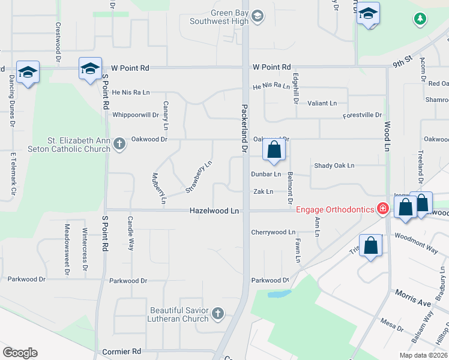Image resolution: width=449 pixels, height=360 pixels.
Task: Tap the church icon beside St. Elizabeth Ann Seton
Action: pyautogui.click(x=119, y=143)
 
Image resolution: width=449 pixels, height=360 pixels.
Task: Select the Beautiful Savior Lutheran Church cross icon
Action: pyautogui.click(x=218, y=313)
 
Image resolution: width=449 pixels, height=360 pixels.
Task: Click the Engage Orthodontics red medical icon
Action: pyautogui.click(x=382, y=209)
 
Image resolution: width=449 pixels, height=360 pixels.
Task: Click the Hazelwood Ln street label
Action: pyautogui.click(x=214, y=211)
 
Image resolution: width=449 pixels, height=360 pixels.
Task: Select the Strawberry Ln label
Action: pyautogui.click(x=199, y=176)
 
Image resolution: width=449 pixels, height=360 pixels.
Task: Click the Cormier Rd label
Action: pyautogui.click(x=121, y=351)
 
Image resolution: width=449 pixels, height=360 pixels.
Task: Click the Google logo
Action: pyautogui.click(x=20, y=352)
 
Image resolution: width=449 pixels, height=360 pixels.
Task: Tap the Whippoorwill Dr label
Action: pyautogui.click(x=135, y=115)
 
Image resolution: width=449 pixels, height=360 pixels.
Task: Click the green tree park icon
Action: pyautogui.click(x=420, y=19)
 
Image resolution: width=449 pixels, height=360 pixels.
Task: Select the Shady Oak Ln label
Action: pyautogui.click(x=334, y=166)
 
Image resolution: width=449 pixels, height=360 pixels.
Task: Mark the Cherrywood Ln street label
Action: pyautogui.click(x=273, y=232)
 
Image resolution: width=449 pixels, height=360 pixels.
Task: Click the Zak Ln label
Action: pyautogui.click(x=263, y=192)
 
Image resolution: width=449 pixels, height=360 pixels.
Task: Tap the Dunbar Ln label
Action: pyautogui.click(x=266, y=175)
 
